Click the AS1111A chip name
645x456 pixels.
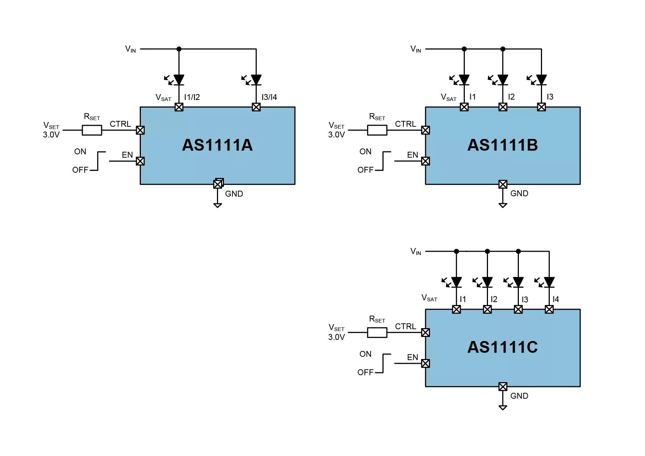coord(217,145)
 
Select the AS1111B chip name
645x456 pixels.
coord(503,145)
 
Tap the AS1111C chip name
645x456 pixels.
coord(503,347)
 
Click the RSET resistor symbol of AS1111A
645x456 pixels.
coord(92,130)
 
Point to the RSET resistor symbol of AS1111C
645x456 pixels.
coord(377,333)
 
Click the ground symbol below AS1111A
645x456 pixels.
coord(218,205)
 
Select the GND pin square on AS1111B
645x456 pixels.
coord(503,184)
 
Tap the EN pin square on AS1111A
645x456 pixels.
coord(140,161)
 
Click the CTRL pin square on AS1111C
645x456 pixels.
coord(425,333)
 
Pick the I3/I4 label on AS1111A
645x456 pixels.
coord(269,97)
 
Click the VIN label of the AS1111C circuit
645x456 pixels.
coord(416,251)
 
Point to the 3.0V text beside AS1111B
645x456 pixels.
coord(336,135)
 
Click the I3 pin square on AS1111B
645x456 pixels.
coord(541,107)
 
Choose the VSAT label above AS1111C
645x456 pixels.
coord(429,298)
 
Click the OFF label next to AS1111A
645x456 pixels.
coord(80,170)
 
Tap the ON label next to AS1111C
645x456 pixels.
coord(366,354)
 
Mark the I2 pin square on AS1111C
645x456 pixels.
coord(487,309)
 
